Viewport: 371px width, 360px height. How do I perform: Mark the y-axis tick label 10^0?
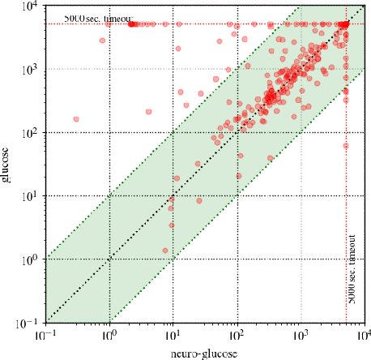coord(29,259)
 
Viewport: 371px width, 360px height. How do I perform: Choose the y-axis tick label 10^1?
coord(29,195)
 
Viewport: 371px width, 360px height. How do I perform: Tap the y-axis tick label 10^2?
coord(29,132)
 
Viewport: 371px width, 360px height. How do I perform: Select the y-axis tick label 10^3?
coord(29,69)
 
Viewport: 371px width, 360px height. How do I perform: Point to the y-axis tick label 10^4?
coord(29,6)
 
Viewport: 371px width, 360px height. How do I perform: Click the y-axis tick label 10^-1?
coord(28,322)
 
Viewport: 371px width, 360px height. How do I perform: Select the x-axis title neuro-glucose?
coord(205,352)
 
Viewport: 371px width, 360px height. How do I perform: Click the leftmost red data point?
coord(76,119)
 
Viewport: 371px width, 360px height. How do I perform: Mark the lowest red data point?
coord(165,251)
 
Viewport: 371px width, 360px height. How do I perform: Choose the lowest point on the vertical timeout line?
coord(346,146)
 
